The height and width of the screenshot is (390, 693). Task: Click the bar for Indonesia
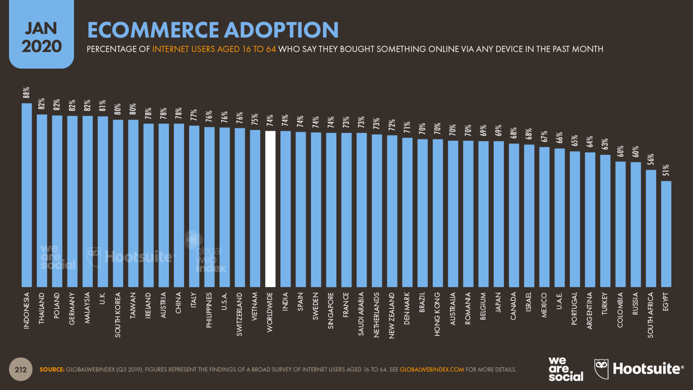point(27,194)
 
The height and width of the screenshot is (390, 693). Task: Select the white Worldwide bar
point(270,208)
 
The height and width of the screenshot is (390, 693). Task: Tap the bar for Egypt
point(666,233)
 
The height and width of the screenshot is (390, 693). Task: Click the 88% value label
point(27,92)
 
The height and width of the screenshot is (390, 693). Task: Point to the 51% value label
point(666,171)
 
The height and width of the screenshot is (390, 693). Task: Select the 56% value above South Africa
point(651,159)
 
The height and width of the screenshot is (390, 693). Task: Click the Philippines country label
point(209,310)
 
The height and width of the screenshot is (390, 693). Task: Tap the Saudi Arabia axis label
point(361,313)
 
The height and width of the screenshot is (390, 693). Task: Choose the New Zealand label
point(392,315)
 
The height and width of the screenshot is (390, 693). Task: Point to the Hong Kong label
point(437,314)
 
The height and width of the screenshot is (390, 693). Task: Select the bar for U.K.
point(103,201)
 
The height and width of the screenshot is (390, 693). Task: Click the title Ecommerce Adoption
point(213,30)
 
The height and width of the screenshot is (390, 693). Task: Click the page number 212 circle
point(21,370)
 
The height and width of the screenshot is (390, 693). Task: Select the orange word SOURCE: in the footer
point(52,370)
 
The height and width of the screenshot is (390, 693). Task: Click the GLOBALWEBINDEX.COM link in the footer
point(432,370)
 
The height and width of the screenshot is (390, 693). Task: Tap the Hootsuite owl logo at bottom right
point(602,369)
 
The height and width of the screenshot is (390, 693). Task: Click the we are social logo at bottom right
point(565,369)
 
